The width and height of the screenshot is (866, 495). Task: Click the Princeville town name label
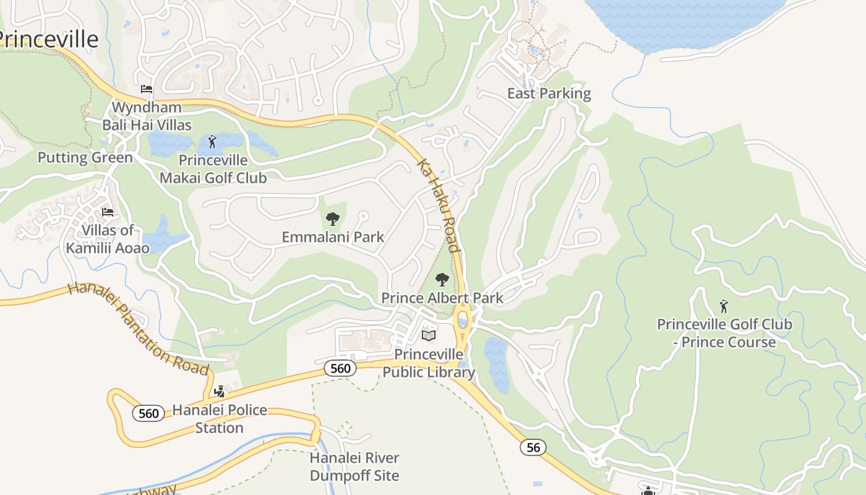[x=48, y=39]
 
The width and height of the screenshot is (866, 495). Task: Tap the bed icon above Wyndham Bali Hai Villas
[x=147, y=89]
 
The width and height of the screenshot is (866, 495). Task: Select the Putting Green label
[x=85, y=157]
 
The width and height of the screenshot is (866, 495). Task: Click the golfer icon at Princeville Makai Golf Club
[x=213, y=142]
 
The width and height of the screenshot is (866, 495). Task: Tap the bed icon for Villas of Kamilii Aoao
[x=108, y=212]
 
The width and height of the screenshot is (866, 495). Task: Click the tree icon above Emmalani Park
[x=333, y=218]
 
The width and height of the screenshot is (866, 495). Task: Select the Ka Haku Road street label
[x=439, y=206]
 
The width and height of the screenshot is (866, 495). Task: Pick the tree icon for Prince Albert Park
[x=442, y=279]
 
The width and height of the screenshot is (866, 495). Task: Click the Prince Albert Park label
[x=442, y=298]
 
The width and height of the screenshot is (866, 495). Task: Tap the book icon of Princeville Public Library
[x=429, y=336]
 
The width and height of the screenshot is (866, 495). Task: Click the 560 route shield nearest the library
[x=340, y=368]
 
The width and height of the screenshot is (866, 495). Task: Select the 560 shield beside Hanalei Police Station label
[x=148, y=413]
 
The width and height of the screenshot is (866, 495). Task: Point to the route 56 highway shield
[x=533, y=447]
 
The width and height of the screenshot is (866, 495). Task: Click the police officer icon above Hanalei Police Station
[x=219, y=391]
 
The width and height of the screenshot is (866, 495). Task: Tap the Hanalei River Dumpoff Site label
[x=354, y=467]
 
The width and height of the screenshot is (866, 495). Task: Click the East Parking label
[x=549, y=93]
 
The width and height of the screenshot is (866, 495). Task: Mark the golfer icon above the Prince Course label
[x=724, y=306]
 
